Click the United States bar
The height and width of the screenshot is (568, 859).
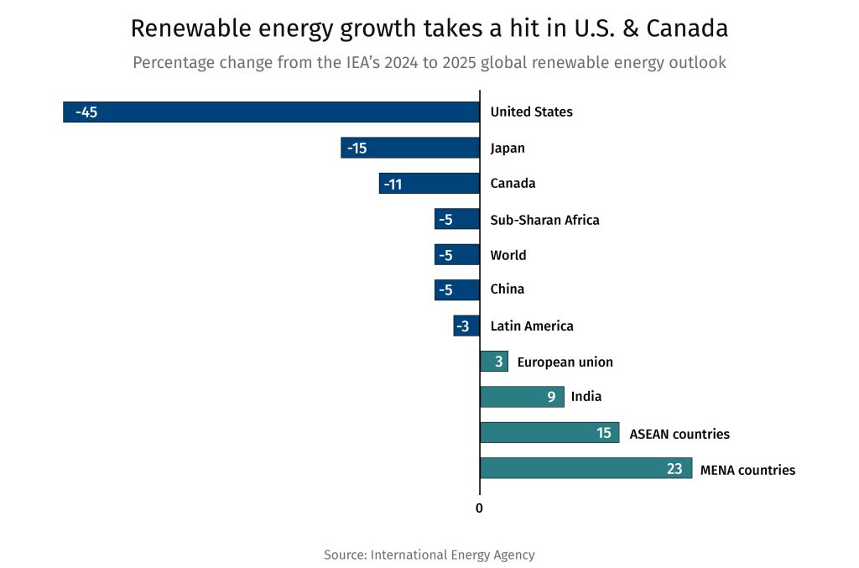271,112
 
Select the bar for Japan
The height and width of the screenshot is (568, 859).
410,148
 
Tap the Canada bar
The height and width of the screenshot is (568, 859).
429,184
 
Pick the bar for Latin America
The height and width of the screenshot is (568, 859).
466,326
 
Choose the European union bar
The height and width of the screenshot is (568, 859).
493,362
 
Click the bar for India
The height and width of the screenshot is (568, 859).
522,397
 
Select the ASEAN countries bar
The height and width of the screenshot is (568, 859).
549,433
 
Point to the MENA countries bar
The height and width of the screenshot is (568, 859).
586,468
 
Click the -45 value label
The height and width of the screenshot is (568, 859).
86,112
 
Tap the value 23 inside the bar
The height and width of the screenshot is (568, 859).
674,469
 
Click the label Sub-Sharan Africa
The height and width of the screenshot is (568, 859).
544,220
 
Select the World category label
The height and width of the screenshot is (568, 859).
508,255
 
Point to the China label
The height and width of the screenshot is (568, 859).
507,289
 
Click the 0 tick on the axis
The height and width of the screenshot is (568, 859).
479,508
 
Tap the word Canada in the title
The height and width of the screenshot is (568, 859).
688,29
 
